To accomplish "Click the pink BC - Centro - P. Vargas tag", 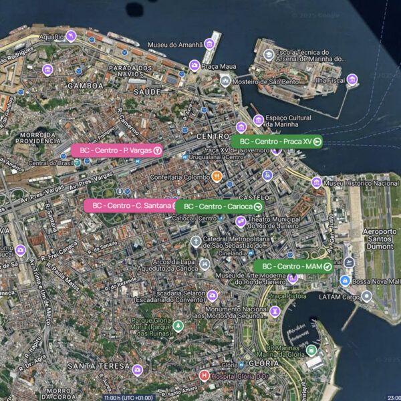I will [x=118, y=150].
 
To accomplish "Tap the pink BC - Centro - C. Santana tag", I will [x=131, y=205].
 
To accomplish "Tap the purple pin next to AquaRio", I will [x=71, y=36].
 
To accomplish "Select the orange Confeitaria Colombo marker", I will [x=217, y=176].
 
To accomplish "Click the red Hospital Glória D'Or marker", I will [x=205, y=375].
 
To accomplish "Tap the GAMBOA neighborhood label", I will [x=86, y=86].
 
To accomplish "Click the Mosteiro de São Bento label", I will [x=265, y=81].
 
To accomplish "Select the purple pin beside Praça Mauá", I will [x=194, y=65].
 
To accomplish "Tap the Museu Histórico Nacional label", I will [x=361, y=182].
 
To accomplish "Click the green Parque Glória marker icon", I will [x=178, y=325].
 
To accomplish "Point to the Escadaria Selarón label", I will [x=171, y=295].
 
